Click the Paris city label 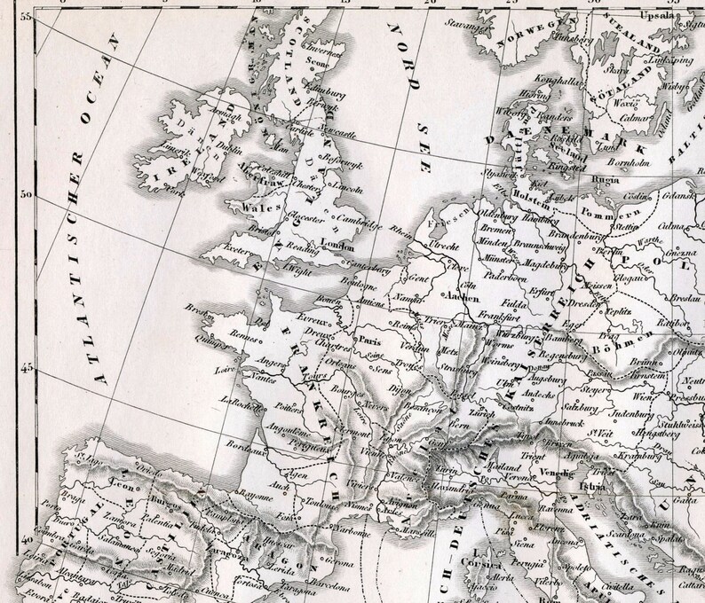pos(368,339)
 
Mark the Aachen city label pos(459,296)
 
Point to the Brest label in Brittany pos(194,307)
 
